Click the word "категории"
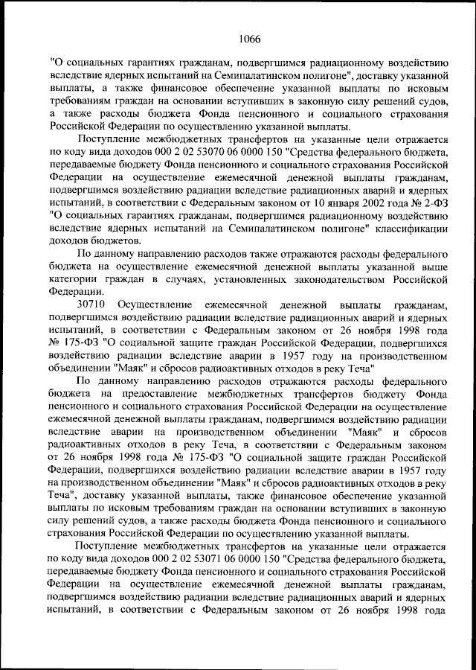[x=71, y=280]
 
